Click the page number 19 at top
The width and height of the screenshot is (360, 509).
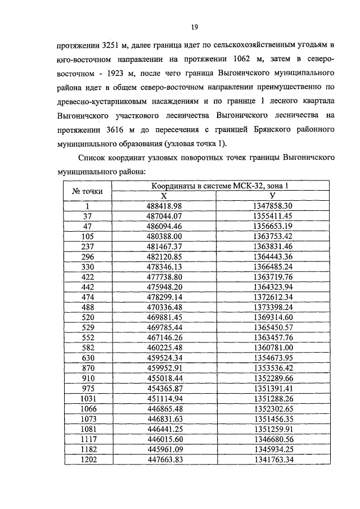(193, 27)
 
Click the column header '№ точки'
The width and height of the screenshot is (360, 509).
(88, 191)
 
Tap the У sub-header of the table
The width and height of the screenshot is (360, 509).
(287, 196)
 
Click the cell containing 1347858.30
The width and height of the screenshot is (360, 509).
(287, 206)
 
